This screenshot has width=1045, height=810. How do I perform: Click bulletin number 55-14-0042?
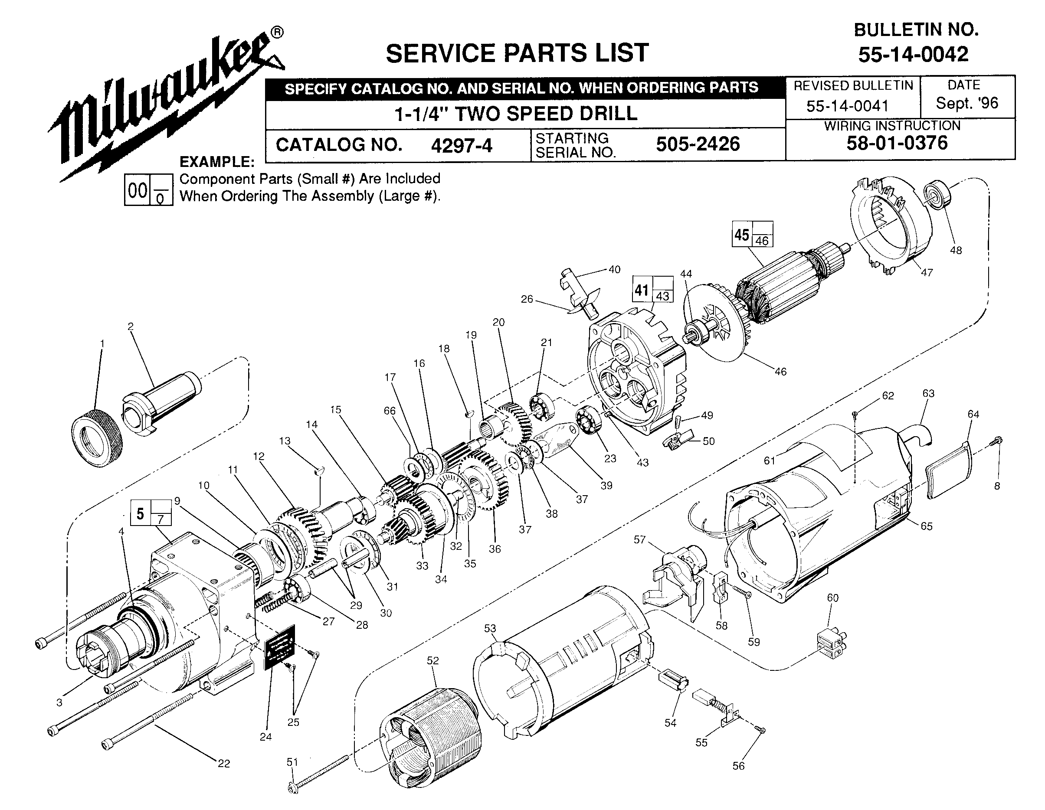pyautogui.click(x=913, y=54)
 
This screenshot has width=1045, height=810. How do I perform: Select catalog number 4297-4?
pyautogui.click(x=461, y=145)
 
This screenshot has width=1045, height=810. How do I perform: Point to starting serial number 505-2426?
pyautogui.click(x=698, y=144)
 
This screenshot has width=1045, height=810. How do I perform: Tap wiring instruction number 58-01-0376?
pyautogui.click(x=897, y=143)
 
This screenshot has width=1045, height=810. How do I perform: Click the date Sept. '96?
pyautogui.click(x=967, y=103)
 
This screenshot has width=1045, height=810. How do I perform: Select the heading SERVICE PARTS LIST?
pyautogui.click(x=517, y=53)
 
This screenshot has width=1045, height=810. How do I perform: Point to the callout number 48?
pyautogui.click(x=956, y=250)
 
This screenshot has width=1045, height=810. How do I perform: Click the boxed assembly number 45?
pyautogui.click(x=742, y=235)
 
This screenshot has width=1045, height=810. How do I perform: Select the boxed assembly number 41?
pyautogui.click(x=642, y=290)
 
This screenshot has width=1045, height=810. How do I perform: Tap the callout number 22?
pyautogui.click(x=224, y=764)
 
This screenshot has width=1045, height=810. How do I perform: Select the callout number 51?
pyautogui.click(x=292, y=762)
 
